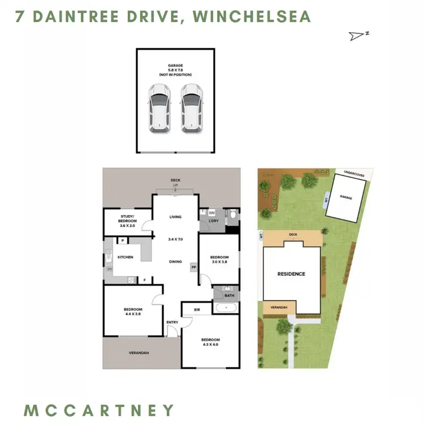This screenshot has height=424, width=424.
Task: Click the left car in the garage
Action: click(159, 109)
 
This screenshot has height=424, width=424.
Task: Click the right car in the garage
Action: click(192, 109)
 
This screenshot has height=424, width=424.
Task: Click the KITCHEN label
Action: click(125, 257)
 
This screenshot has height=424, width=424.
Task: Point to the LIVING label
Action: click(175, 217)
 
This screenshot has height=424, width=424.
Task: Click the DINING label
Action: click(175, 262)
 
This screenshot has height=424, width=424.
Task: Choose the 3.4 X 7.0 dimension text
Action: click(175, 239)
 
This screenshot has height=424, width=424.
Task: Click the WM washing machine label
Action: click(211, 213)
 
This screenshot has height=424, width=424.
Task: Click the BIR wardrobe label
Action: click(197, 310)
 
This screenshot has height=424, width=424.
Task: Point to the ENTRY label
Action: click(172, 322)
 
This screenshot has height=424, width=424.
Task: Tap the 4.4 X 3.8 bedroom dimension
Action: click(133, 315)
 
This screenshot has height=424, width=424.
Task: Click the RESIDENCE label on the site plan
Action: click(291, 274)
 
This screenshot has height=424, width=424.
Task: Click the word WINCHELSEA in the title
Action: click(252, 16)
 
